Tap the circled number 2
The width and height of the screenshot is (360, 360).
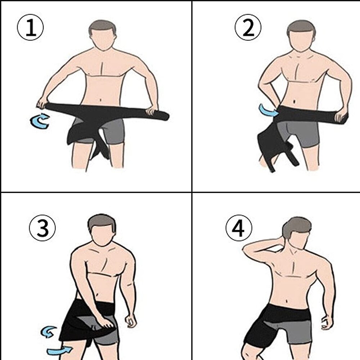tap(248, 29)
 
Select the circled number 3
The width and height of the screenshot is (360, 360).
tap(43, 229)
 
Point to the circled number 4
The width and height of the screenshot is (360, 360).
tap(239, 229)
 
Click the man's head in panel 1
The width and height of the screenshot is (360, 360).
tap(103, 36)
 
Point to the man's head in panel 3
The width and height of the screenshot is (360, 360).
tap(102, 230)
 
